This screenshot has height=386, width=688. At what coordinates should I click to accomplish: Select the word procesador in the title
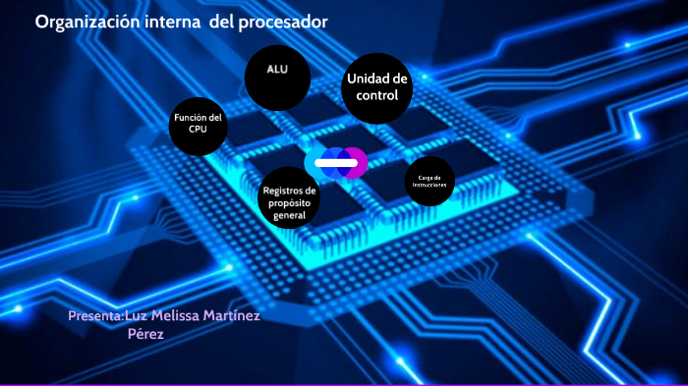click(x=281, y=23)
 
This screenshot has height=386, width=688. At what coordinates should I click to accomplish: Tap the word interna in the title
click(x=176, y=23)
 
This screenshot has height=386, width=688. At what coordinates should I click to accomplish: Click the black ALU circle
click(x=277, y=77)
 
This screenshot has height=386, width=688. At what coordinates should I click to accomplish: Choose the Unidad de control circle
click(x=377, y=87)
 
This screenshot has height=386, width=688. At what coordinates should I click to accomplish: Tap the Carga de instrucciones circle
click(x=430, y=181)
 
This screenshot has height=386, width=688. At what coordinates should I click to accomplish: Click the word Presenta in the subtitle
click(x=94, y=316)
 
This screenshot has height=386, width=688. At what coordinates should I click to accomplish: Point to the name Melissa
click(x=204, y=316)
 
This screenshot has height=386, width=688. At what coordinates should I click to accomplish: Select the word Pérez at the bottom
click(x=144, y=334)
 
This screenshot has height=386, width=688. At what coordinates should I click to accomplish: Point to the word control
click(x=377, y=96)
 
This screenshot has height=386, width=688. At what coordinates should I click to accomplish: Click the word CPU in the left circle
click(x=199, y=129)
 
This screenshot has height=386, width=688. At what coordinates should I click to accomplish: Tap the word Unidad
click(x=367, y=79)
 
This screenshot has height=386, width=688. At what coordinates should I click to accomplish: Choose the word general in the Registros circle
click(x=290, y=215)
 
